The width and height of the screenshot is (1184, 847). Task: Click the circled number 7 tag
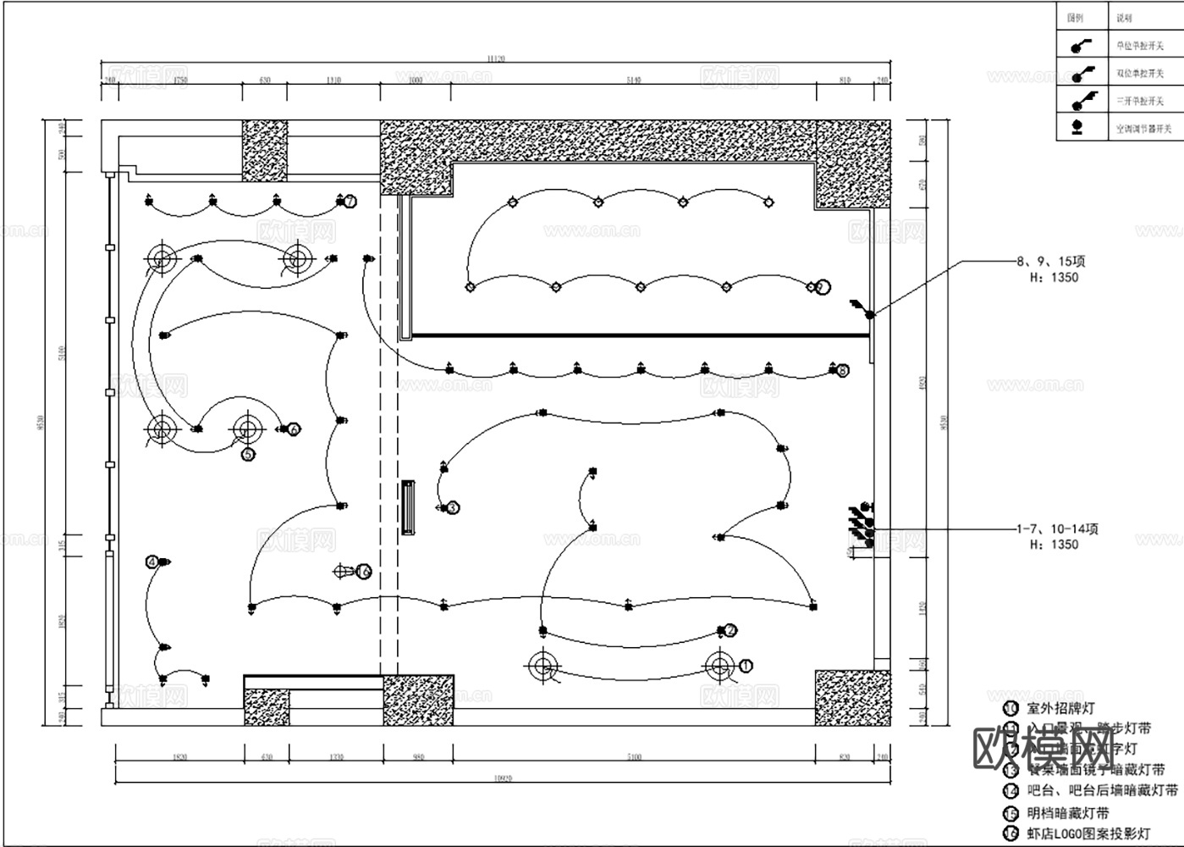(x=350, y=202)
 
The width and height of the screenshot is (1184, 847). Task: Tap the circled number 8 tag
(x=842, y=370)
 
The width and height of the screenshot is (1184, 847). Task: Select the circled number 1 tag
(x=746, y=666)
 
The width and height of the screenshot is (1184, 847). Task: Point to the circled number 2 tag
(x=730, y=630)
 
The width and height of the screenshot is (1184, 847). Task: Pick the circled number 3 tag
(x=453, y=508)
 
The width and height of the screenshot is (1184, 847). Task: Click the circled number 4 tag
(x=151, y=562)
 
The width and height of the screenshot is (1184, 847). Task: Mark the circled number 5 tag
(x=248, y=455)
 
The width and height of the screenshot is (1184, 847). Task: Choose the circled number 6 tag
(x=294, y=429)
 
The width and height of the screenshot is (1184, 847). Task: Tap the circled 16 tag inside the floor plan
(x=364, y=572)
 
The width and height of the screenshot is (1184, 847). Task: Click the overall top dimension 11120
(x=496, y=58)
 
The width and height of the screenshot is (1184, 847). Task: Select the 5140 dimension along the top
(x=634, y=80)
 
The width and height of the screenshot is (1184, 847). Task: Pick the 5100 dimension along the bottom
(x=634, y=757)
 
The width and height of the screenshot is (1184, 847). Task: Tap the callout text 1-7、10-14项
(x=1057, y=529)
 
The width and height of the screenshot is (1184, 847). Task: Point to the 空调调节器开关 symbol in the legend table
(x=1077, y=128)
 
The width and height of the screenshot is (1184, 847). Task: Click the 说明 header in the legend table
(x=1123, y=18)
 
